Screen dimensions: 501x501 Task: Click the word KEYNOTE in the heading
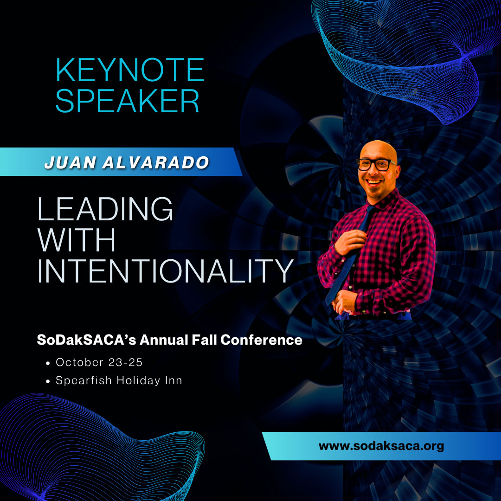coord(130,70)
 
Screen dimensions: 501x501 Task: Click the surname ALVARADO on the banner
coord(156,162)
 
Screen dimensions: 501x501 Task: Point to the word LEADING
coord(105,209)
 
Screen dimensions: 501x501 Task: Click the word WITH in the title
coord(77,240)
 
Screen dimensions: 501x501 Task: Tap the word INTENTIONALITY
coord(165,271)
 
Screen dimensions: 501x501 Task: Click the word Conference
coord(261,340)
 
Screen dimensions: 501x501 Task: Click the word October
coord(80,362)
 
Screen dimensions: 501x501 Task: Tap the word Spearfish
coord(83,380)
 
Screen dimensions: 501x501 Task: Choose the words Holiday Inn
coord(149,380)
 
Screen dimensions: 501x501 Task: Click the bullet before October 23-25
coord(48,363)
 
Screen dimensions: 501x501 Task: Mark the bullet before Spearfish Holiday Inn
coord(48,381)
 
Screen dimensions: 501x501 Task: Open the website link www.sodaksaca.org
coord(381,446)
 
